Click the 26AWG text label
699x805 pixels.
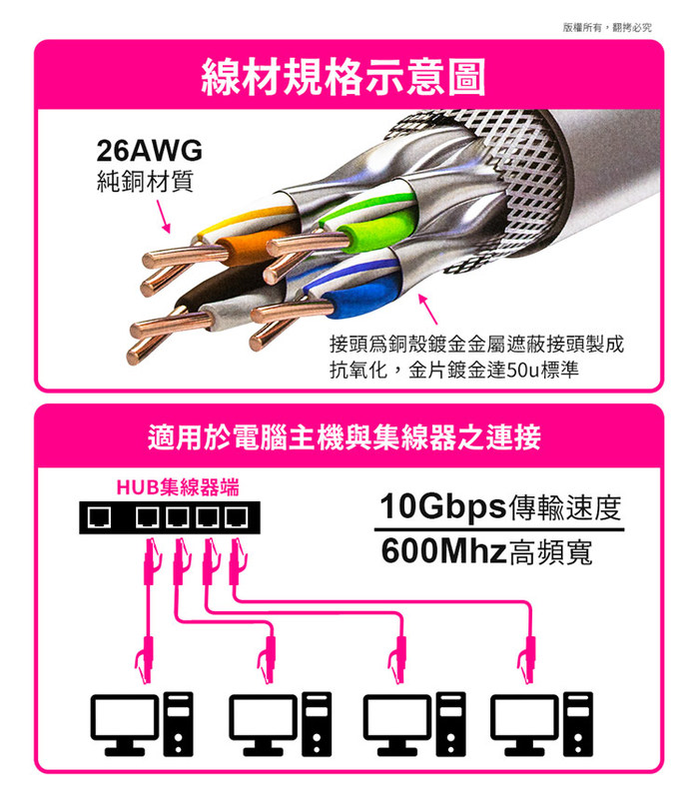(x=149, y=151)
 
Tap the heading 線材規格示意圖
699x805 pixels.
(x=344, y=77)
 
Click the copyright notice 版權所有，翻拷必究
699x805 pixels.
(x=606, y=27)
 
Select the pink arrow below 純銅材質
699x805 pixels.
(x=163, y=217)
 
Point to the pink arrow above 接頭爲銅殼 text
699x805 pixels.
(x=427, y=309)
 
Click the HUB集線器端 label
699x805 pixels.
(x=178, y=487)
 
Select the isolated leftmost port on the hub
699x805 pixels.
(x=99, y=517)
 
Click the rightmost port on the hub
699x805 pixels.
(x=236, y=517)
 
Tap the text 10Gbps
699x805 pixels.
(x=443, y=507)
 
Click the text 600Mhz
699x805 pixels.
(x=444, y=551)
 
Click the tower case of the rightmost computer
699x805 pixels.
(x=578, y=724)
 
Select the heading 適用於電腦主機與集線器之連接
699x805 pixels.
(x=344, y=437)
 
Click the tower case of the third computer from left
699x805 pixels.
(x=450, y=724)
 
